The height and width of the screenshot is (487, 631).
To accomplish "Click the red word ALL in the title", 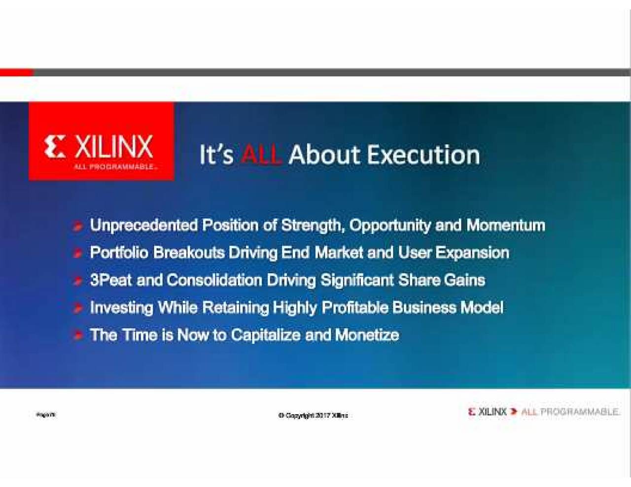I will (261, 155).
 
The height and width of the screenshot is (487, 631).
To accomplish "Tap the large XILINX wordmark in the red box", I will (113, 147).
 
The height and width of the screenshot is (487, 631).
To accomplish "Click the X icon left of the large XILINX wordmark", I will (54, 147).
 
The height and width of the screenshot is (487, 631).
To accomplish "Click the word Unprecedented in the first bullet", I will (143, 225).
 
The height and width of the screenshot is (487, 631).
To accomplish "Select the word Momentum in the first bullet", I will (506, 225).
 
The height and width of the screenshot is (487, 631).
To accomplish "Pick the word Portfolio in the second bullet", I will (119, 253).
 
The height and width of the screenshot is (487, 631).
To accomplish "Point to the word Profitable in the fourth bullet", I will (355, 308).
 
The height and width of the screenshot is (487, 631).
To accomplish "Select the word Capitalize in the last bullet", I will (265, 335).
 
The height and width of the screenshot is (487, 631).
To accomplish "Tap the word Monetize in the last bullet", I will (367, 335).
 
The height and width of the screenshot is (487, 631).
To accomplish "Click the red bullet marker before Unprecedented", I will (78, 227).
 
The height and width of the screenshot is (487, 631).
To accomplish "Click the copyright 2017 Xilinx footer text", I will (313, 416).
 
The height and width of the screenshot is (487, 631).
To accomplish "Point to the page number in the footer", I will (46, 415).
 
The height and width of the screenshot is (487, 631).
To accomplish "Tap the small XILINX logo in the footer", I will (488, 412).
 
